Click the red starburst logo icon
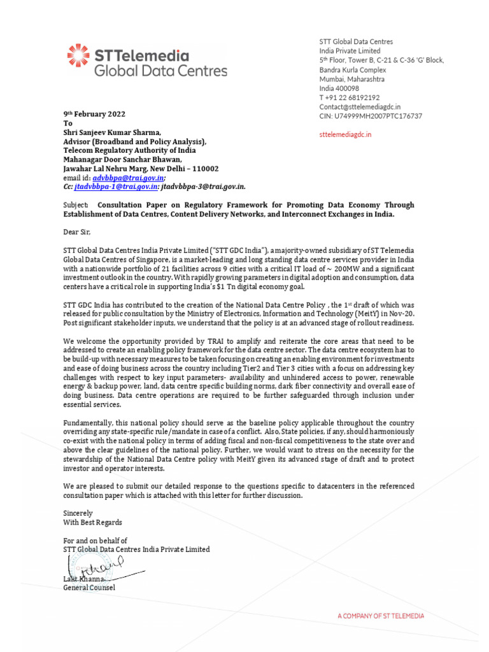[78, 55]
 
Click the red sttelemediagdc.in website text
[345, 134]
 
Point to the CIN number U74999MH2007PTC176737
[371, 117]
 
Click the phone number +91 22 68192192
[350, 97]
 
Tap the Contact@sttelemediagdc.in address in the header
[360, 107]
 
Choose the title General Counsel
[89, 587]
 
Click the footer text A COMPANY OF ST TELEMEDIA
[380, 616]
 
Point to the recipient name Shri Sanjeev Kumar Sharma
[115, 132]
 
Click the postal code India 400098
[339, 88]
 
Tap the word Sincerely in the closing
[78, 513]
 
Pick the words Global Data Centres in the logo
[152, 70]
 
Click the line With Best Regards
[89, 521]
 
